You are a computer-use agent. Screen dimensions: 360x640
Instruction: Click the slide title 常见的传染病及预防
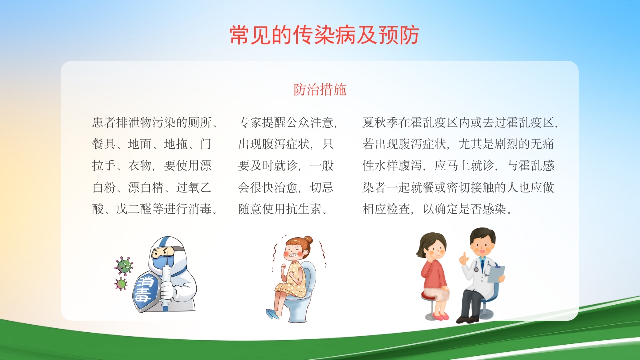324,35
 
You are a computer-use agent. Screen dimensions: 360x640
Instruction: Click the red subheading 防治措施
320,90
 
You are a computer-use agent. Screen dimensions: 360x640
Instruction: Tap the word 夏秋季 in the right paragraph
380,123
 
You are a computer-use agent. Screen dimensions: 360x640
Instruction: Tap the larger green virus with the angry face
124,266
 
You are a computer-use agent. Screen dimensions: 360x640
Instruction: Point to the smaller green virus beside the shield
121,284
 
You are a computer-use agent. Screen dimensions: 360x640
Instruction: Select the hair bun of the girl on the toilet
308,240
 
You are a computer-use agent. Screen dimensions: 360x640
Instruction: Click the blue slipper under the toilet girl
273,314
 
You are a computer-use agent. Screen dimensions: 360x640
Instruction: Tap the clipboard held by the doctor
496,274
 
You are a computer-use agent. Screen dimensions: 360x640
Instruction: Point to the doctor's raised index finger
464,256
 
